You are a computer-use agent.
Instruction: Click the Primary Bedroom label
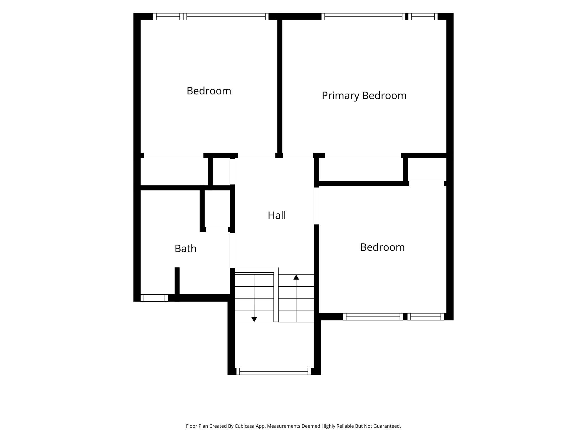click(364, 96)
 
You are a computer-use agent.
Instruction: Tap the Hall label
click(277, 215)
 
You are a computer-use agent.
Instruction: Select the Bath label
click(185, 248)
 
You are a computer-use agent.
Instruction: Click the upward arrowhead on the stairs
click(296, 277)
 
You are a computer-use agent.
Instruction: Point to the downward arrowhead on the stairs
click(254, 319)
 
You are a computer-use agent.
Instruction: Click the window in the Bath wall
click(154, 298)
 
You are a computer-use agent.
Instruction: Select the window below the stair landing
click(273, 371)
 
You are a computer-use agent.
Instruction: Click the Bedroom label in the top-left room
click(209, 91)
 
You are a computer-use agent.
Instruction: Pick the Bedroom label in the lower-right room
click(382, 247)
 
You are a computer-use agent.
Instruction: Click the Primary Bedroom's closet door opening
click(363, 156)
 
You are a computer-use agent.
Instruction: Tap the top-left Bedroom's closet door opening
click(174, 156)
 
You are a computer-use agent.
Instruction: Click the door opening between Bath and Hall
click(232, 250)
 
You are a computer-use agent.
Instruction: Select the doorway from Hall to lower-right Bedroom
click(316, 206)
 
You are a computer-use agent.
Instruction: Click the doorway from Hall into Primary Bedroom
click(298, 156)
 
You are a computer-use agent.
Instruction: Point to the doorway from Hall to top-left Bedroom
click(257, 156)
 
